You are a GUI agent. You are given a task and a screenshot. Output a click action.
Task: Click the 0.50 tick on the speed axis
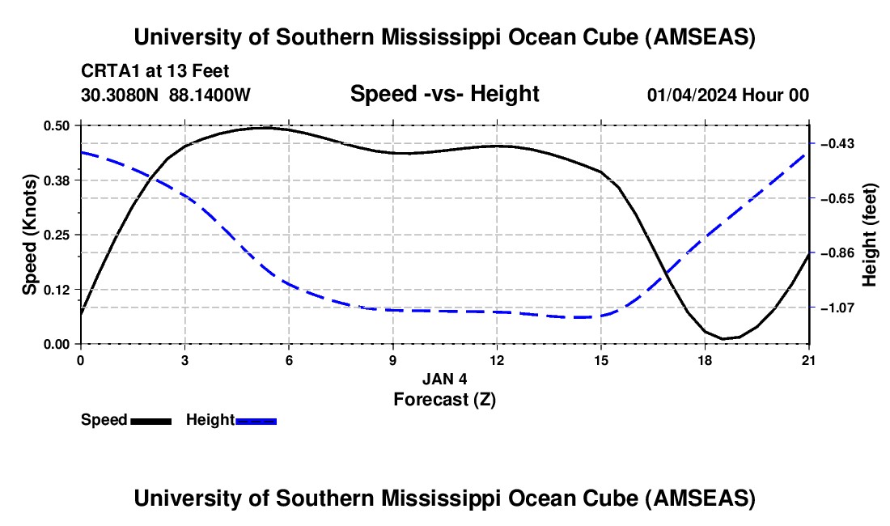pyautogui.click(x=57, y=125)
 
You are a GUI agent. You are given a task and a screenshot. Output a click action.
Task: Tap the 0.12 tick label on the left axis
pyautogui.click(x=57, y=289)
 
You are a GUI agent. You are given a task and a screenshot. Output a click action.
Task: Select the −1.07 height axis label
pyautogui.click(x=837, y=308)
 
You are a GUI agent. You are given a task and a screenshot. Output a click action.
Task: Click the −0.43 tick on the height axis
pyautogui.click(x=837, y=144)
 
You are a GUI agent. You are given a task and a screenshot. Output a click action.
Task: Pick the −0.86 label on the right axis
pyautogui.click(x=837, y=253)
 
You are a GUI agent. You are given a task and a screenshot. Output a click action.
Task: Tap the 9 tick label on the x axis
pyautogui.click(x=393, y=360)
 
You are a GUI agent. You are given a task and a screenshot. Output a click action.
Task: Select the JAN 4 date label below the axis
pyautogui.click(x=444, y=379)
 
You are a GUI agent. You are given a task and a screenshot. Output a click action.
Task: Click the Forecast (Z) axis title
pyautogui.click(x=444, y=398)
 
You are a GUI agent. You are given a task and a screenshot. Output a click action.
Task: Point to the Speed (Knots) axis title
pyautogui.click(x=30, y=235)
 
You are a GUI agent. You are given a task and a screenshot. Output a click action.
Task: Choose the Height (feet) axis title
pyautogui.click(x=871, y=235)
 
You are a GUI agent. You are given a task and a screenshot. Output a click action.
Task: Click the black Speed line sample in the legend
pyautogui.click(x=150, y=420)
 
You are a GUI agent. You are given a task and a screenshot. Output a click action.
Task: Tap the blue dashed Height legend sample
pyautogui.click(x=256, y=420)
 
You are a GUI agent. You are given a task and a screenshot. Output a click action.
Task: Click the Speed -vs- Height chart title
pyautogui.click(x=444, y=94)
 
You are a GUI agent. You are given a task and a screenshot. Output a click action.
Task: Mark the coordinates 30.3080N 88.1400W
pyautogui.click(x=166, y=95)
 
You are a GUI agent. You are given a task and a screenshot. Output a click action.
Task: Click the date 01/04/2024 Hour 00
pyautogui.click(x=727, y=95)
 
